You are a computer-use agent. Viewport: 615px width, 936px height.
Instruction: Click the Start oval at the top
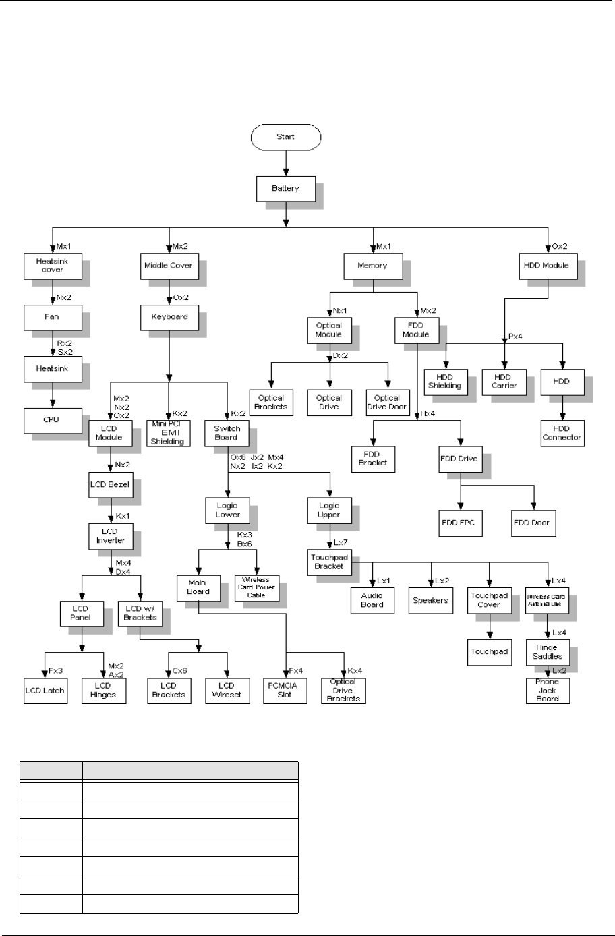[285, 137]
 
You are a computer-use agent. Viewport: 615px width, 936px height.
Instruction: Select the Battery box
[285, 188]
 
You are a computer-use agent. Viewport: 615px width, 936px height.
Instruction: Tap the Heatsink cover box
[53, 265]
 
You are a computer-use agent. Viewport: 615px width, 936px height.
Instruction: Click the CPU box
[51, 419]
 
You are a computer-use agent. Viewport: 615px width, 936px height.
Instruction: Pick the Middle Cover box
[168, 266]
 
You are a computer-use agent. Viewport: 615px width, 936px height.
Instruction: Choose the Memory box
[372, 266]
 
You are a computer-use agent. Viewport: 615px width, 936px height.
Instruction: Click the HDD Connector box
[561, 432]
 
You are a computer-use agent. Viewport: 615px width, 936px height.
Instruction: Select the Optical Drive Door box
[388, 402]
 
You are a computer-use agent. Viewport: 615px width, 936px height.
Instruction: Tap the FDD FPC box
[461, 523]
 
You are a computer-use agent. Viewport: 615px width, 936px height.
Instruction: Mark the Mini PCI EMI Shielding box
[169, 432]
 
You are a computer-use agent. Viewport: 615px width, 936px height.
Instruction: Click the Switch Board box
[227, 432]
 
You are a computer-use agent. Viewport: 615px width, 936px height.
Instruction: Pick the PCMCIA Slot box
[285, 690]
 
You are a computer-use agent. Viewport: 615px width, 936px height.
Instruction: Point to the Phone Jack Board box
[547, 690]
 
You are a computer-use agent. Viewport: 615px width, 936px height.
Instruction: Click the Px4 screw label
[515, 338]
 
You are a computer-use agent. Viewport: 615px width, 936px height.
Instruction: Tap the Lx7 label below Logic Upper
[341, 542]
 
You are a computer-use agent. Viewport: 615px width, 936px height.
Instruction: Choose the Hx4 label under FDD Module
[426, 413]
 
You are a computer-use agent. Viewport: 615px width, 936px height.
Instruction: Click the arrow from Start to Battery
[286, 163]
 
